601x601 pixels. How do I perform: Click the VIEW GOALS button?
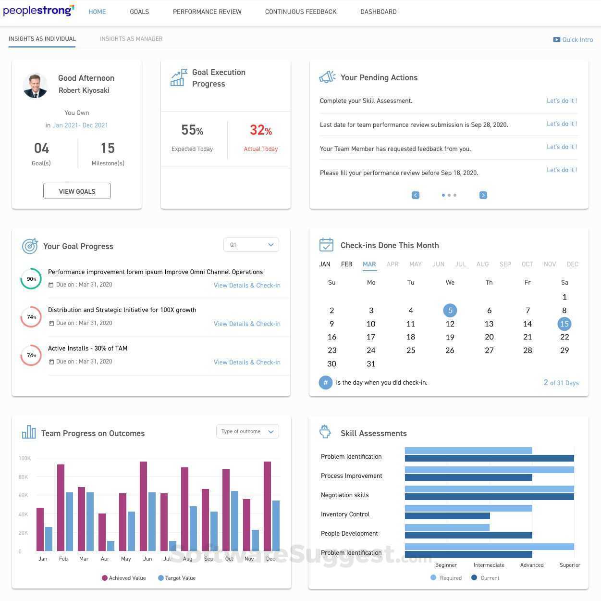[77, 191]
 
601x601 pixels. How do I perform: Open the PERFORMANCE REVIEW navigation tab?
[207, 12]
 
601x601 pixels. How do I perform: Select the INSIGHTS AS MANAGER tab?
[131, 39]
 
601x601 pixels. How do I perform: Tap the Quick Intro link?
[573, 39]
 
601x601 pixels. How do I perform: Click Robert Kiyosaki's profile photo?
[35, 86]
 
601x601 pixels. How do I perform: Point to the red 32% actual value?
[260, 130]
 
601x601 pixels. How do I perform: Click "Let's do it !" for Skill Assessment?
[562, 100]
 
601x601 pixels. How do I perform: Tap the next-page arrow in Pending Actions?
[483, 195]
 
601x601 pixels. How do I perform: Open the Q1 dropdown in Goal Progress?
[251, 245]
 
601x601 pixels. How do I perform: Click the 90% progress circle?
[31, 279]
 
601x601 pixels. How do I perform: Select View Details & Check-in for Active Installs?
[247, 362]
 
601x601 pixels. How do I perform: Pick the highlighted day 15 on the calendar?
[564, 324]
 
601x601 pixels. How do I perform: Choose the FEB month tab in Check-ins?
[346, 264]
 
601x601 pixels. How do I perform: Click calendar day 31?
[371, 364]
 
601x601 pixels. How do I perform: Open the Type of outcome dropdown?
[247, 431]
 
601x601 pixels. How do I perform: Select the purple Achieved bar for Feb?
[61, 507]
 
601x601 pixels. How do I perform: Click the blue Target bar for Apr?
[111, 546]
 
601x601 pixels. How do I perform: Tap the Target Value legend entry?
[177, 578]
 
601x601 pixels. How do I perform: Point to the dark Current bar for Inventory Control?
[447, 516]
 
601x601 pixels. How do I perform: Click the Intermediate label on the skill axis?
[489, 565]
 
